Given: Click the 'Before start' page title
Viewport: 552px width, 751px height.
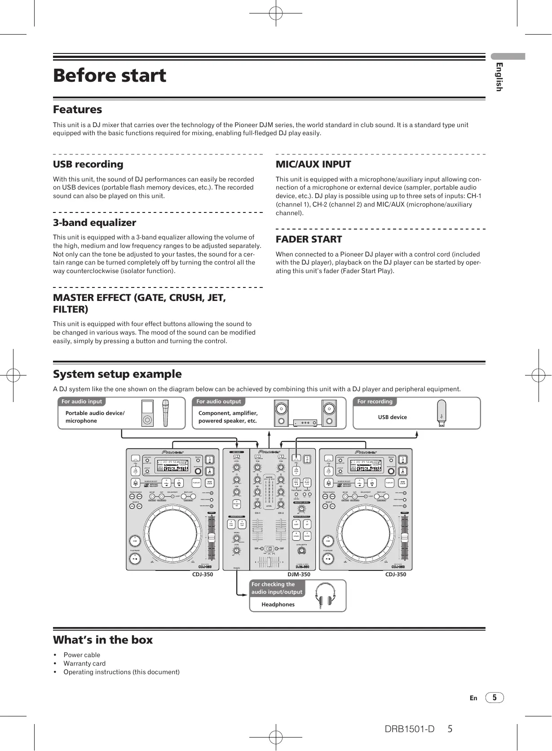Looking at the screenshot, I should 110,75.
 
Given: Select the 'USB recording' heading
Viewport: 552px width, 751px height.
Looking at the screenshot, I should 88,164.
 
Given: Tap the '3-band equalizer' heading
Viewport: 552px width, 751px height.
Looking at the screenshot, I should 94,223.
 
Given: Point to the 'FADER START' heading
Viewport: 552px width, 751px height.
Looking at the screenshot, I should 309,239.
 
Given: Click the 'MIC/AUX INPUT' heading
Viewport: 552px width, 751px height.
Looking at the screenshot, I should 313,164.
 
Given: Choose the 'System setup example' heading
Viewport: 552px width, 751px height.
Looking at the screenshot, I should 117,374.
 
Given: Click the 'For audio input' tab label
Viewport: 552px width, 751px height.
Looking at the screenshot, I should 82,402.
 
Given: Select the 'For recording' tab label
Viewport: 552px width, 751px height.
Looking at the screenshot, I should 375,402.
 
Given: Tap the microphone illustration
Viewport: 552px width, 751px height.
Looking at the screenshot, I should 166,413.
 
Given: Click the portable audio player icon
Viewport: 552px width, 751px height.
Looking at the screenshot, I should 147,413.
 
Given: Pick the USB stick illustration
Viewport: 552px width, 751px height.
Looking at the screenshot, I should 442,414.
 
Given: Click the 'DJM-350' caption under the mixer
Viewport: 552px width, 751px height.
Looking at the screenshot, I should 299,574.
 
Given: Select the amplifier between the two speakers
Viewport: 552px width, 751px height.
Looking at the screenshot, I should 305,423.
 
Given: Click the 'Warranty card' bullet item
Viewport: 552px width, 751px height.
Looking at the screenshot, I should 84,663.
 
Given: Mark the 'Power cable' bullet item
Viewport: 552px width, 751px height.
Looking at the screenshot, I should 82,655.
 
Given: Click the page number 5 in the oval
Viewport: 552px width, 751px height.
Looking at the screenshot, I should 495,698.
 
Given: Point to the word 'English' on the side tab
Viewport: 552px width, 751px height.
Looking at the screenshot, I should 499,77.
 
